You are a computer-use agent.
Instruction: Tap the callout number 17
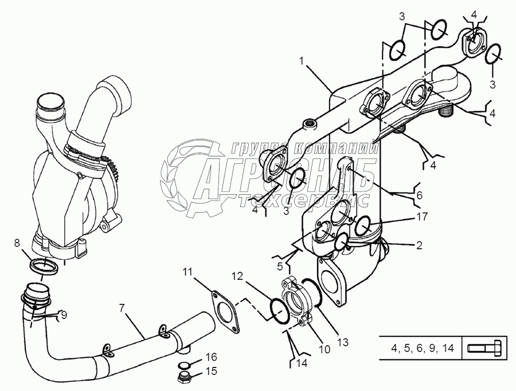(x=421, y=218)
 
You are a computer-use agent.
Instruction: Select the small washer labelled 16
(x=183, y=366)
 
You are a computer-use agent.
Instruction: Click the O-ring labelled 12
(x=276, y=310)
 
